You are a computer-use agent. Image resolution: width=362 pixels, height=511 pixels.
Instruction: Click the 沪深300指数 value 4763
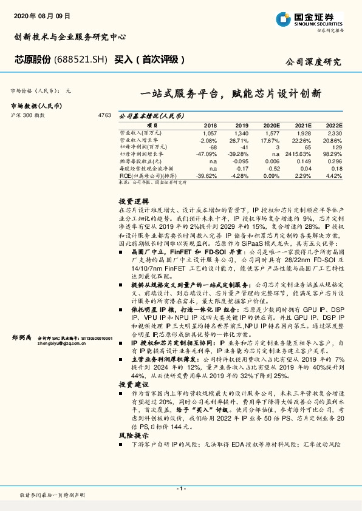point(104,114)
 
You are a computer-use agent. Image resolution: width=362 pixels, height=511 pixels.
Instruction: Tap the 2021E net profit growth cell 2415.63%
point(299,154)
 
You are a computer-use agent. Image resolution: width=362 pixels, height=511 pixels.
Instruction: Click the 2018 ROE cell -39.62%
point(207,175)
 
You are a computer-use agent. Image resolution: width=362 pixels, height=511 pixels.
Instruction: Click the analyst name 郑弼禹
point(22,337)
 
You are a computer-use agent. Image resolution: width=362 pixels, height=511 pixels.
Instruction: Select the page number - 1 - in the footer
point(180,489)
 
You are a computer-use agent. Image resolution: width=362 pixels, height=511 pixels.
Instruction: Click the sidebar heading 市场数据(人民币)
point(36,106)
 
